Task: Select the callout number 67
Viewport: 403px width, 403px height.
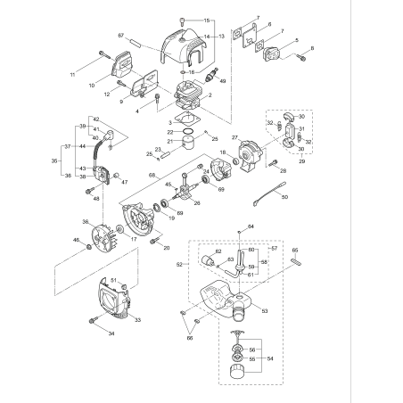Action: pyautogui.click(x=145, y=35)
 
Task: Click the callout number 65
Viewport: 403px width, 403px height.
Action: pyautogui.click(x=295, y=251)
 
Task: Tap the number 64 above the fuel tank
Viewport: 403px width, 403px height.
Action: pyautogui.click(x=250, y=227)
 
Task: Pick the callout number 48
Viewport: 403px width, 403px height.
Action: pyautogui.click(x=95, y=198)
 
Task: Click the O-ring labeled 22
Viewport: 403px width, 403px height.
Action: pyautogui.click(x=184, y=132)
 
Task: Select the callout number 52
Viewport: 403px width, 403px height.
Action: pyautogui.click(x=180, y=265)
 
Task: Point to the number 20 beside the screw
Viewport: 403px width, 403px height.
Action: pyautogui.click(x=167, y=246)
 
